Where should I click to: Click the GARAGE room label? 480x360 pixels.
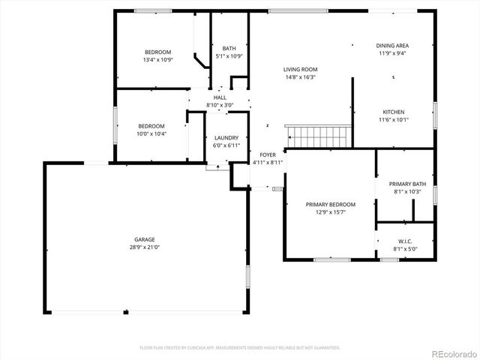145,239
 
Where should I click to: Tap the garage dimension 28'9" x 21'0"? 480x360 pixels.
145,247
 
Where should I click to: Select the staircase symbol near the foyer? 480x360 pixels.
318,137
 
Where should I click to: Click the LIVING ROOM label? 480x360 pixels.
300,69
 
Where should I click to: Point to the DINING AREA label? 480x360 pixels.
392,46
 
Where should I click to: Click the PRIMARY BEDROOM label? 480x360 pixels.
331,204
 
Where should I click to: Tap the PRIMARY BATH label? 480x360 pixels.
407,184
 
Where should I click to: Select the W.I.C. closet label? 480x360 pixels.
405,241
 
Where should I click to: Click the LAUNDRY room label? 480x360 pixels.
226,137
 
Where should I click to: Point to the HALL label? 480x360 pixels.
220,97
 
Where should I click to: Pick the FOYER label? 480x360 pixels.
268,154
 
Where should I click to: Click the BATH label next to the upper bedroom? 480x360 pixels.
229,48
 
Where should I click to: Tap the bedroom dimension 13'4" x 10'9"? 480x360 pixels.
158,60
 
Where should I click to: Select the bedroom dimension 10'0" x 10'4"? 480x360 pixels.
152,133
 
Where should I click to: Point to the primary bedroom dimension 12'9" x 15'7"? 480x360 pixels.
331,212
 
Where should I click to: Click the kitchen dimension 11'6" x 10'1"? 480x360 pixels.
394,119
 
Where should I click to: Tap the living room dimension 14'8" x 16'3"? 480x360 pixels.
300,77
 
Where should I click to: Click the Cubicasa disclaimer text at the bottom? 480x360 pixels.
240,347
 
